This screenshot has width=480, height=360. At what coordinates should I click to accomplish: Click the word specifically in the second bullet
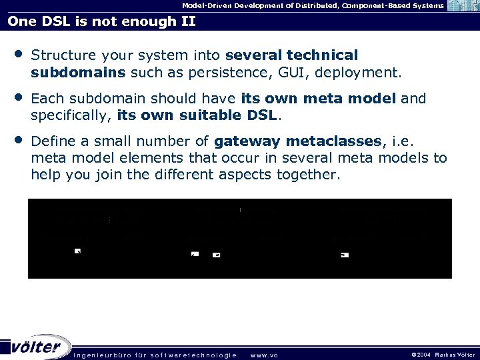(x=71, y=115)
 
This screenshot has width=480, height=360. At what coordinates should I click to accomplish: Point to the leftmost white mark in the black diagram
(x=77, y=251)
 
